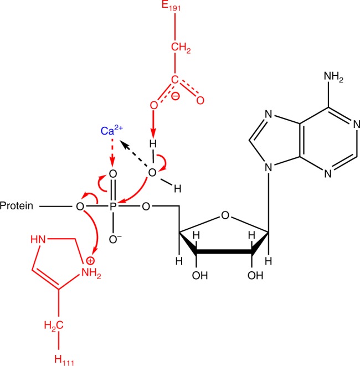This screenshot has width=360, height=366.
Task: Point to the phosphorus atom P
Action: click(114, 206)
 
